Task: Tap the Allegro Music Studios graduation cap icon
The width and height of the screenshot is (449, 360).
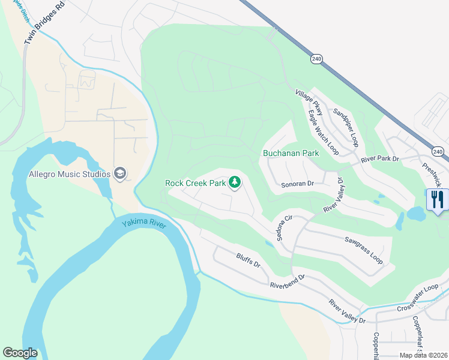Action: pos(121,174)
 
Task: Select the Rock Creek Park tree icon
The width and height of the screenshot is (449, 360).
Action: pos(234,182)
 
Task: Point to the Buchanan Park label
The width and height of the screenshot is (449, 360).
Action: pos(291,153)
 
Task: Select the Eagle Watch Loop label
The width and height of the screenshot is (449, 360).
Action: pos(324,132)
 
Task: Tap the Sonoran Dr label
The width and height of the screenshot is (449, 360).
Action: pos(298,184)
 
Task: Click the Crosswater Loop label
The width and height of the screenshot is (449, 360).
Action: pos(418,298)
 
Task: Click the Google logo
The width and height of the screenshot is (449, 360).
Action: pos(20,353)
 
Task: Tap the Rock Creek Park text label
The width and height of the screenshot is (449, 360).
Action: pos(195,182)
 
